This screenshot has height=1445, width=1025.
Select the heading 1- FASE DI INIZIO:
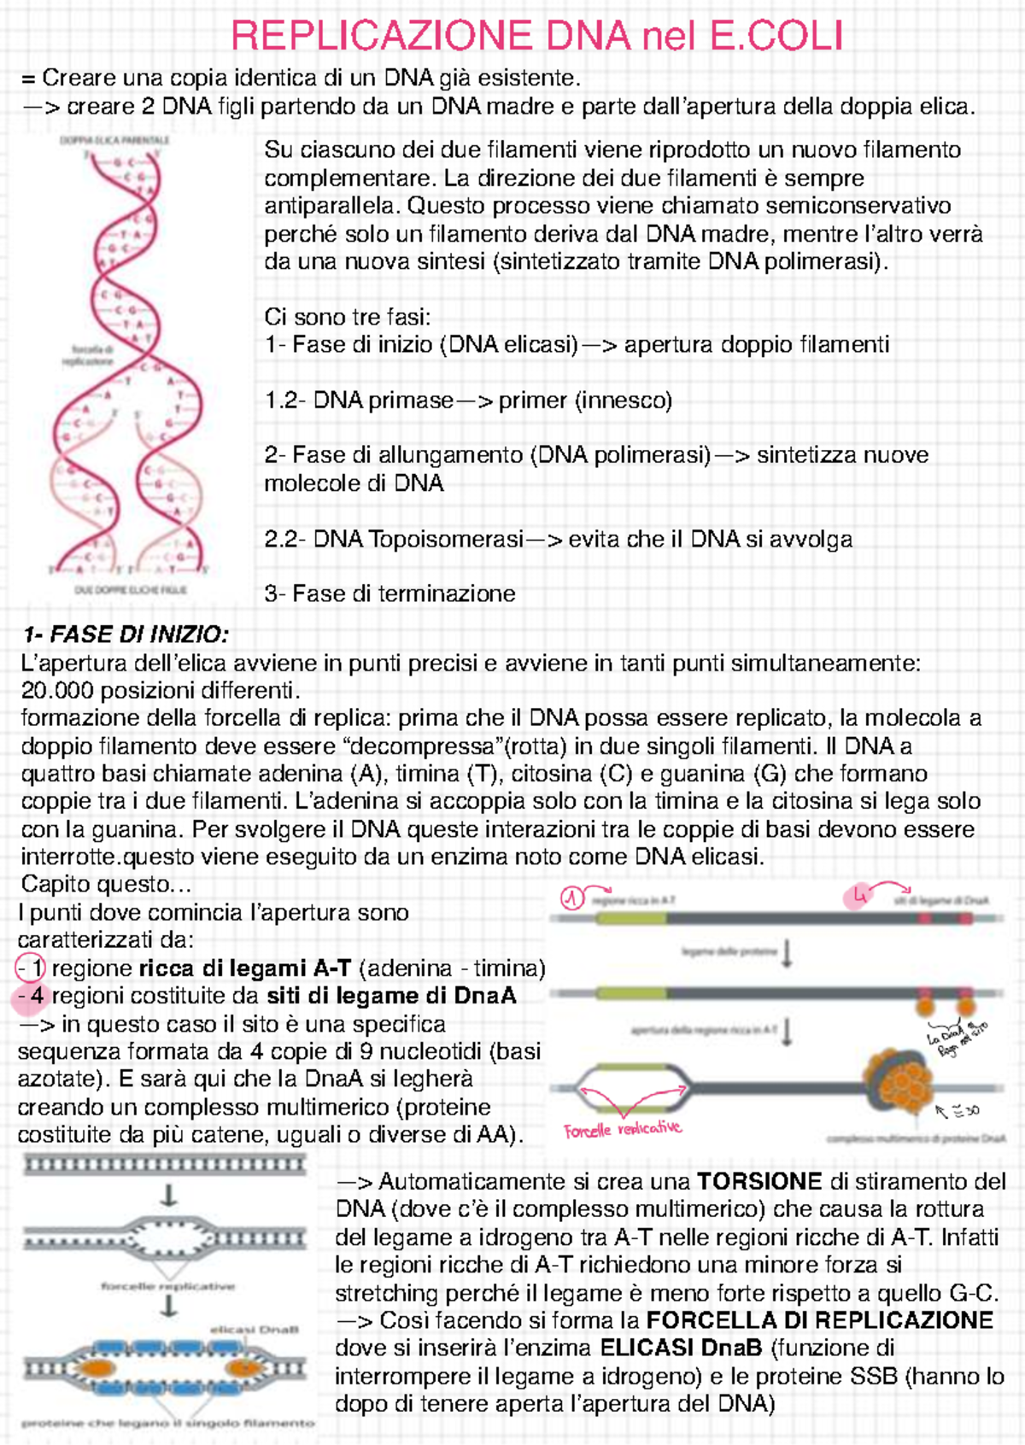pos(126,635)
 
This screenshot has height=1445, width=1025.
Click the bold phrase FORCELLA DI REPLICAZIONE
pos(819,1320)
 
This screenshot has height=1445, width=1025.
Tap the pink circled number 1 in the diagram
pos(571,898)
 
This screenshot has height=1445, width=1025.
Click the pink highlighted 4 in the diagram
pos(858,896)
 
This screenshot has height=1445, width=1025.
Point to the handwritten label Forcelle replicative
pos(622,1129)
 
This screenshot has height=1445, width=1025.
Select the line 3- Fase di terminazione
pos(389,594)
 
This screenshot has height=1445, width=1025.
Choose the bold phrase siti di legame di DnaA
pos(391,996)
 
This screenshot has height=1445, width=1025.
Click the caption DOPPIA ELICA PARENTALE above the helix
pos(114,139)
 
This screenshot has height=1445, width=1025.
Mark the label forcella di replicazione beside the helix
pos(86,354)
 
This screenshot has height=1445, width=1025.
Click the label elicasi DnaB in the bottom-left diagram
pos(255,1329)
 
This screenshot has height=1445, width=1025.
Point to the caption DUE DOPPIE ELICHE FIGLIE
pos(130,589)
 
